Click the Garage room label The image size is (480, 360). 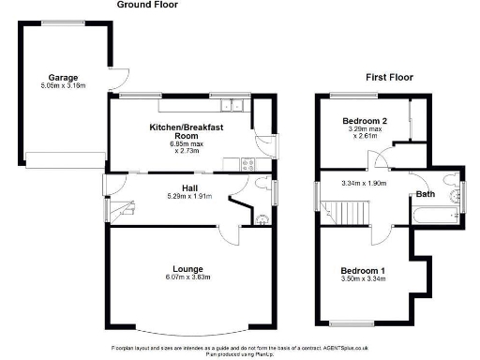pos(64,77)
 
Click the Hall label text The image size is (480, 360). pos(188,188)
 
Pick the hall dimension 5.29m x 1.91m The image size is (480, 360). pos(188,197)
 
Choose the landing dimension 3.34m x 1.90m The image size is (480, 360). pos(364,183)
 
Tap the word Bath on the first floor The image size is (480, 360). pos(427,194)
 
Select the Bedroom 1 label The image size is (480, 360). pos(363,272)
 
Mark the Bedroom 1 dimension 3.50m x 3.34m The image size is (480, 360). pos(363,280)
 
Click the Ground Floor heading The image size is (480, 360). pos(147,5)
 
